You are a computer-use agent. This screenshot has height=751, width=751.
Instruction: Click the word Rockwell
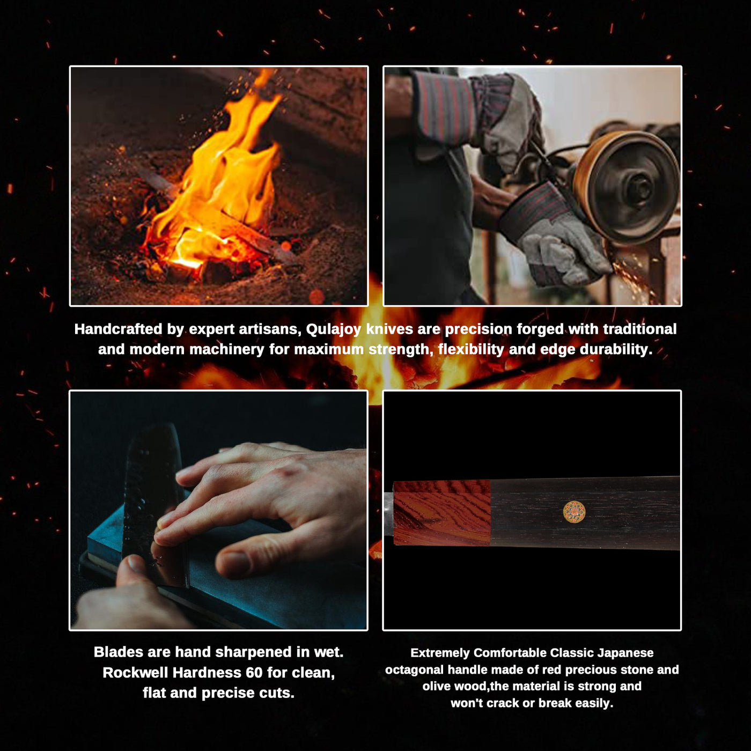pyautogui.click(x=135, y=673)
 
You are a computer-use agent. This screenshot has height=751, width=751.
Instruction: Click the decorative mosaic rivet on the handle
pyautogui.click(x=574, y=512)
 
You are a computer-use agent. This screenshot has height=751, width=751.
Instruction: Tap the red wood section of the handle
pyautogui.click(x=442, y=512)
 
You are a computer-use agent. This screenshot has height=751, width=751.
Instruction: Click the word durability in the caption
pyautogui.click(x=616, y=350)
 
